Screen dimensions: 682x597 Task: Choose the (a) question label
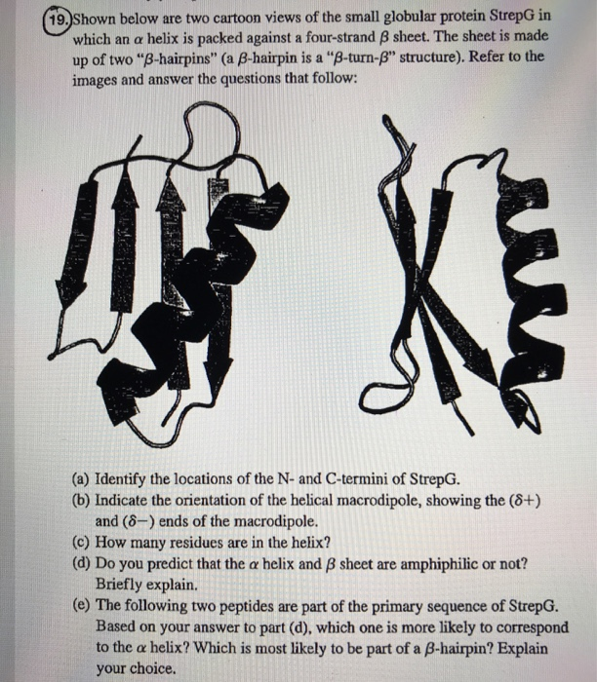tap(83, 480)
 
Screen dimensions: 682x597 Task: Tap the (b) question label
tap(83, 500)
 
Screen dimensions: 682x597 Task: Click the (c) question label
tap(83, 543)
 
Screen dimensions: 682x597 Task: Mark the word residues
tap(213, 543)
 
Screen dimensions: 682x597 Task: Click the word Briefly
tap(122, 584)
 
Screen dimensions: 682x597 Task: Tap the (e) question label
tap(83, 605)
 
